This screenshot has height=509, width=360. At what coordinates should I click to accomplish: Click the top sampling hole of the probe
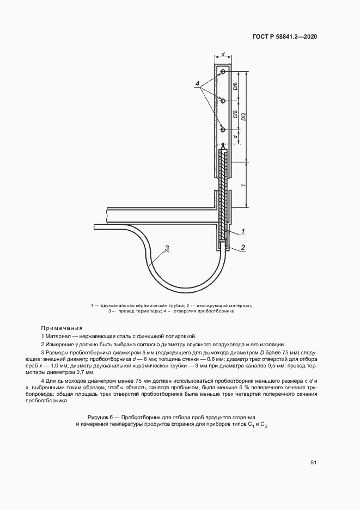pyautogui.click(x=223, y=72)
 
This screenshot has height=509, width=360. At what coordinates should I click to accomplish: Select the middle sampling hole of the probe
pyautogui.click(x=223, y=101)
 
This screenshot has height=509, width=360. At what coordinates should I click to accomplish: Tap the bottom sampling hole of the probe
pyautogui.click(x=223, y=130)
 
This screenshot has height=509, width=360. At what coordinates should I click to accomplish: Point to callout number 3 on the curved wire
pyautogui.click(x=168, y=248)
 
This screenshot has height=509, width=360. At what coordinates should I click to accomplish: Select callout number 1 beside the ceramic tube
pyautogui.click(x=242, y=231)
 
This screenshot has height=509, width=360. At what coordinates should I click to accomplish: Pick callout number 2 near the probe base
pyautogui.click(x=242, y=247)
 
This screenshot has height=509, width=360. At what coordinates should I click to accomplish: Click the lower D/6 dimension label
pyautogui.click(x=235, y=115)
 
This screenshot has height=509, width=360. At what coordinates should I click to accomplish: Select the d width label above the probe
pyautogui.click(x=223, y=55)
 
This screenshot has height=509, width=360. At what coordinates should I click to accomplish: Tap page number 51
pyautogui.click(x=313, y=463)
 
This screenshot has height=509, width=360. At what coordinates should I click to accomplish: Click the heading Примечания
pyautogui.click(x=62, y=328)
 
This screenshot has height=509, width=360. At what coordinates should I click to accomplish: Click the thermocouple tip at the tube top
pyautogui.click(x=223, y=146)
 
